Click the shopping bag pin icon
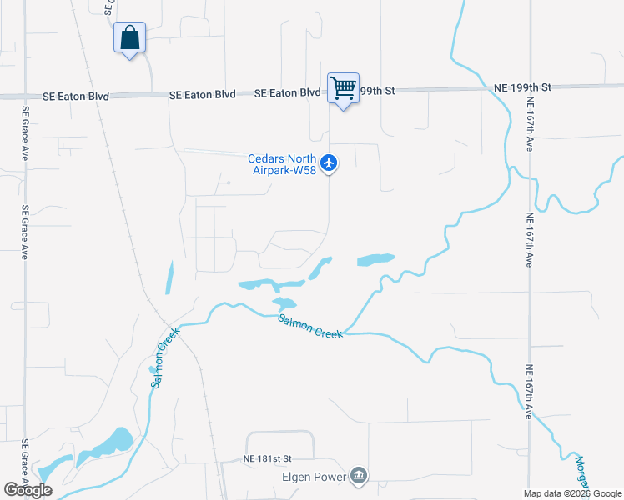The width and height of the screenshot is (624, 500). pos(129,38)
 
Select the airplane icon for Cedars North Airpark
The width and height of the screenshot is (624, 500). pos(330,161)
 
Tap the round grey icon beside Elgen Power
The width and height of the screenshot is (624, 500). pos(359,477)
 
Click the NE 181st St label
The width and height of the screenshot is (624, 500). pos(267,458)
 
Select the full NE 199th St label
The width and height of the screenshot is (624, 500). pos(523,87)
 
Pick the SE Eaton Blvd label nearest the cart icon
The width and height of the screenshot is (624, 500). pos(288,94)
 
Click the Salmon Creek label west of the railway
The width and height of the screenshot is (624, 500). pos(161,363)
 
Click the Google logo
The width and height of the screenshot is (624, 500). pos(28,490)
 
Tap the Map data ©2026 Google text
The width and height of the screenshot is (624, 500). pos(571,493)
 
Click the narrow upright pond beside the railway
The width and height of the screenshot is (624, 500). pos(169,277)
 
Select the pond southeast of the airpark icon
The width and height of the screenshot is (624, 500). pos(375,260)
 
